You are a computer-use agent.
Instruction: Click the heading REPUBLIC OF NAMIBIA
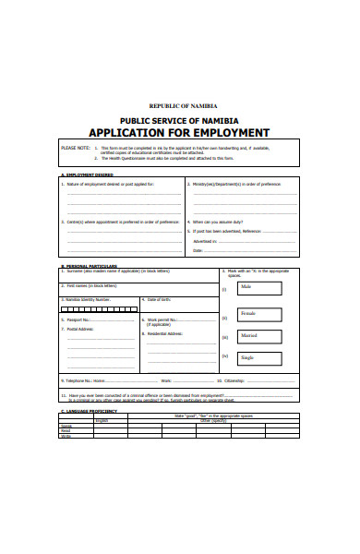click(180, 106)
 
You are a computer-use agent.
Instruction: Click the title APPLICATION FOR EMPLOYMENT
click(180, 131)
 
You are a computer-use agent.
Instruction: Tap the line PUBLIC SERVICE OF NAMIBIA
click(180, 120)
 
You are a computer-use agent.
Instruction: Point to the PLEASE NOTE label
click(75, 147)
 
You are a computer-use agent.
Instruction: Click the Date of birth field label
click(160, 299)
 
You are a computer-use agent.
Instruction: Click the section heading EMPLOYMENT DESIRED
click(87, 175)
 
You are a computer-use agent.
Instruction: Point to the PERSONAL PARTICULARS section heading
click(90, 265)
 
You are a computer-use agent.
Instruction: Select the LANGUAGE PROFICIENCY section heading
click(91, 410)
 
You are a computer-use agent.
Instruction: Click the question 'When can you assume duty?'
click(221, 223)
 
